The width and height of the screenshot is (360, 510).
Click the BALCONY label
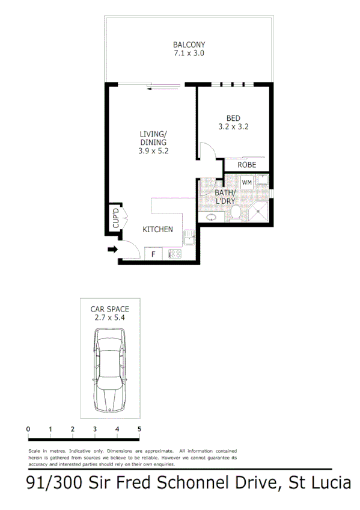coord(189,45)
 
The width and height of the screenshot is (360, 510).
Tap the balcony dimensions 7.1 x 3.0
coord(189,53)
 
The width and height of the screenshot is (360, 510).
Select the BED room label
coord(233,118)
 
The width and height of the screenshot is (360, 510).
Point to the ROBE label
coord(246,165)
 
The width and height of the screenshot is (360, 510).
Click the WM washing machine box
coord(247,181)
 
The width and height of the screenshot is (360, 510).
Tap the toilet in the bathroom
coord(236,212)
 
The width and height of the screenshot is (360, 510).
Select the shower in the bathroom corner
coord(260,211)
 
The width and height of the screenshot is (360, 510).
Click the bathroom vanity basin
coord(211,217)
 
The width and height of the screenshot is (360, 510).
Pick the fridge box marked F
coord(153,254)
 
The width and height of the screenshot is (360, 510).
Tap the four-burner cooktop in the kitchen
coord(175,254)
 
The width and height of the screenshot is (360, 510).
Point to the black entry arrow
coord(112,250)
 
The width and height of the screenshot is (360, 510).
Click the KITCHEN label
coord(157,229)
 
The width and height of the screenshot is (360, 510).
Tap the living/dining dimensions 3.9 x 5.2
coord(153,151)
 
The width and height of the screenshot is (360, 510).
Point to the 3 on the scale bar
coord(95,429)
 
